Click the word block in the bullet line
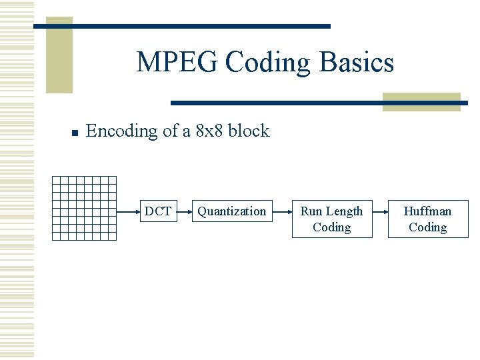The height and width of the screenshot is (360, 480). click(x=249, y=131)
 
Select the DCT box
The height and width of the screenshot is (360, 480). click(x=158, y=211)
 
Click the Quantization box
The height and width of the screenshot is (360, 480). click(x=231, y=211)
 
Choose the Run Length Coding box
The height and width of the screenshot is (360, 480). click(x=331, y=219)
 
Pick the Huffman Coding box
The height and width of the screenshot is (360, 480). click(x=427, y=219)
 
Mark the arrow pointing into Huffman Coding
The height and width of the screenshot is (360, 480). click(x=379, y=211)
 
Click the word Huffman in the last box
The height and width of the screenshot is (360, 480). click(x=427, y=211)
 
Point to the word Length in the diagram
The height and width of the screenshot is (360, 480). click(x=345, y=211)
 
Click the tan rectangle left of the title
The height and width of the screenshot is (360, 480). click(x=59, y=57)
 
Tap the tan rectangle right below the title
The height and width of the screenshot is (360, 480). click(x=421, y=101)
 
